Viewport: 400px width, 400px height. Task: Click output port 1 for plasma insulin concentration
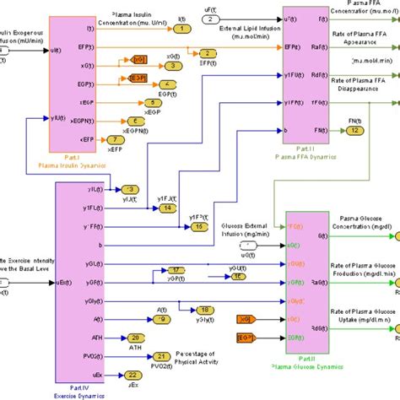[180, 30]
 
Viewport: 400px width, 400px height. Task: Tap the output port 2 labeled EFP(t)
[207, 53]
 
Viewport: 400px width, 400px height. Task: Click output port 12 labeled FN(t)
[355, 131]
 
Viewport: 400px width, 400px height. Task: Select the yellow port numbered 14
[169, 208]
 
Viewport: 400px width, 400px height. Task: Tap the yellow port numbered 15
[198, 226]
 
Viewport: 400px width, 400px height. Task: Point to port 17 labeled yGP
[176, 270]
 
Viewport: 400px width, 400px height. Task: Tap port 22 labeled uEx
[132, 375]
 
